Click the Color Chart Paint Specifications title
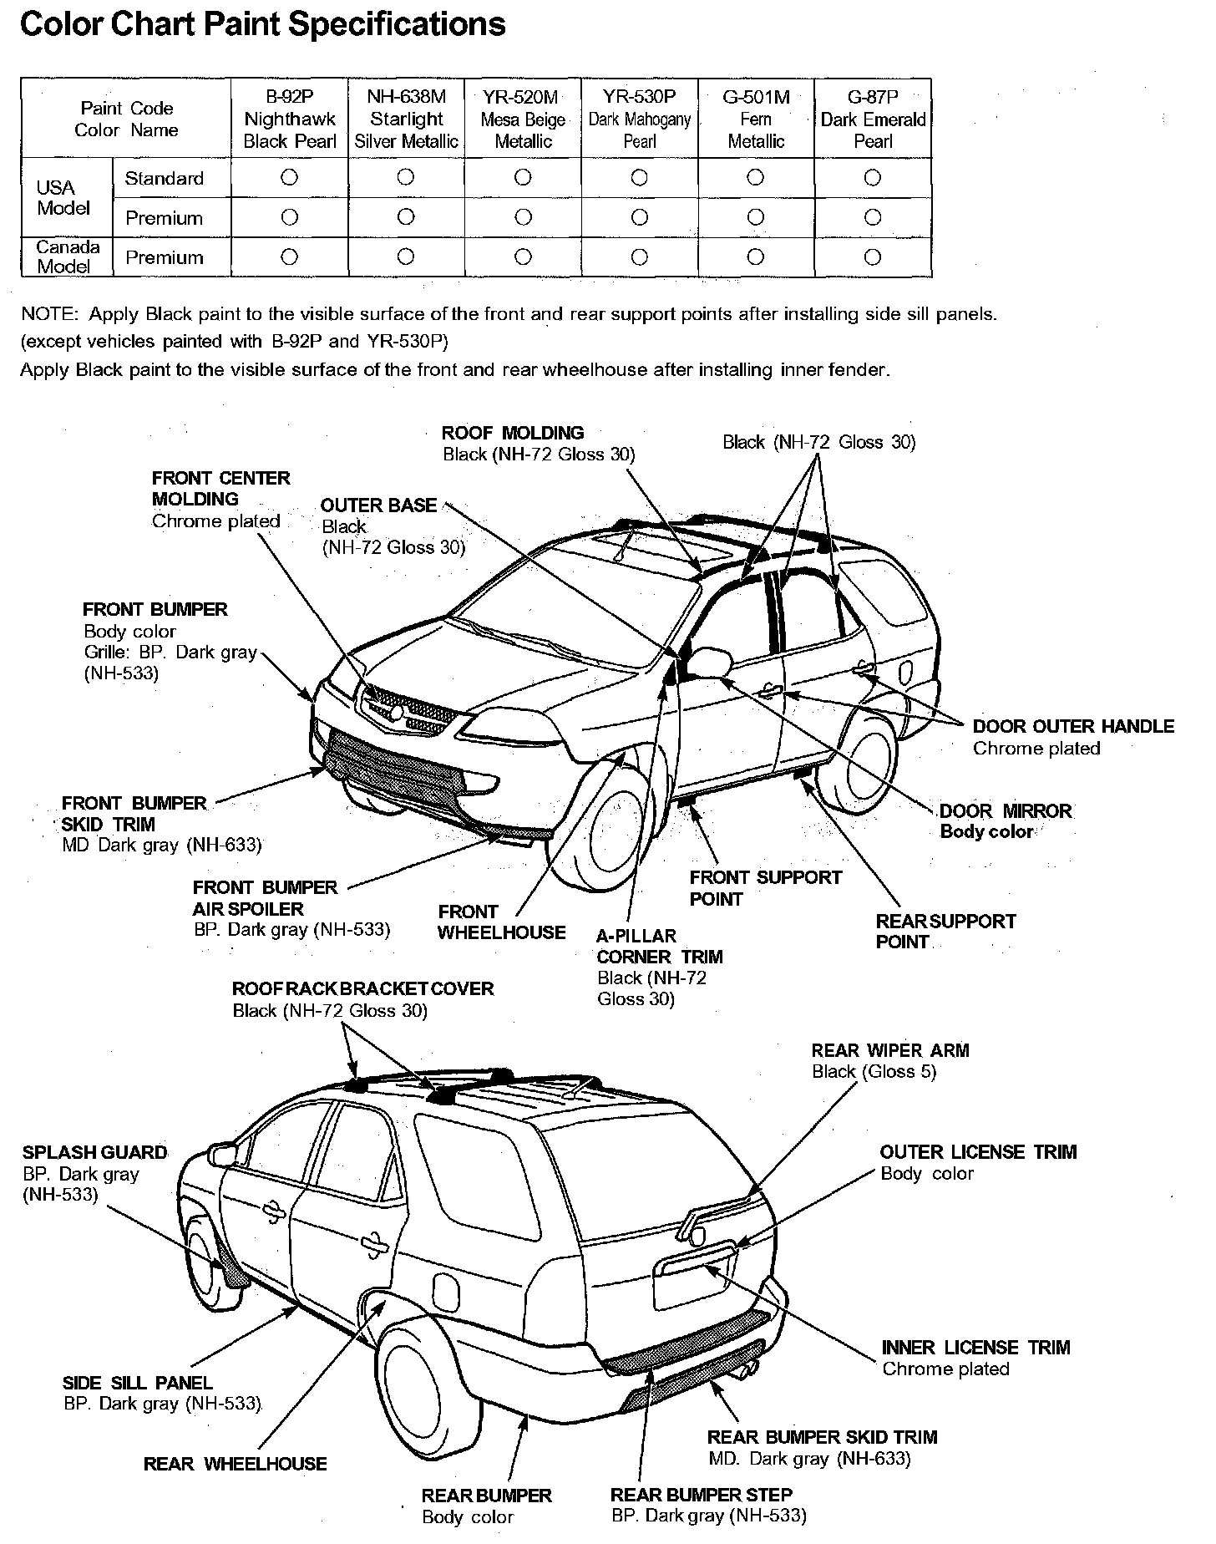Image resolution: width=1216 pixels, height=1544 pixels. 262,25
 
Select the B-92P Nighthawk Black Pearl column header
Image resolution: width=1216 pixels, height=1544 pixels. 290,119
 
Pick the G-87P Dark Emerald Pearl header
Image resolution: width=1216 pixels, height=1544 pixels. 873,119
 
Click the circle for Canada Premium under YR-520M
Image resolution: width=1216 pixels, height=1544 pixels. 523,257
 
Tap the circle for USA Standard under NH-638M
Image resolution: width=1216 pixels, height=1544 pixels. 406,177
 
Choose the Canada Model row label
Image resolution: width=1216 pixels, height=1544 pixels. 67,257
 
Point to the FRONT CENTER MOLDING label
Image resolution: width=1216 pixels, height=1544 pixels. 220,489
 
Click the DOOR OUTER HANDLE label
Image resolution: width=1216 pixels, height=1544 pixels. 1073,726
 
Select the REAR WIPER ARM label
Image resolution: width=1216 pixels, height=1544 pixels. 890,1050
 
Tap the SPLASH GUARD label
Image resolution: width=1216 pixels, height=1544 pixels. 94,1152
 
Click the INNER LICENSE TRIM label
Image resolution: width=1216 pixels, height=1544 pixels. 975,1348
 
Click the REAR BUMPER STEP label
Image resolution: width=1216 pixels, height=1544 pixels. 701,1495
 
